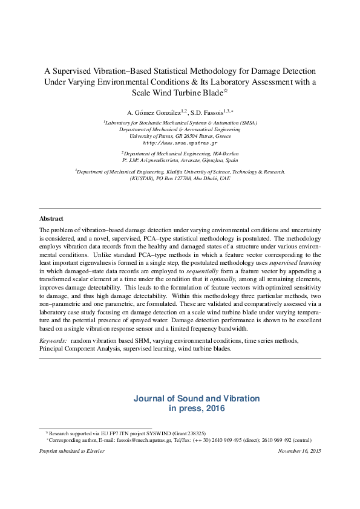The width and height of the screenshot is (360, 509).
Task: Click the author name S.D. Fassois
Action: tap(206, 112)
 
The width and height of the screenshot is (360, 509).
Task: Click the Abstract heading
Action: tap(51, 218)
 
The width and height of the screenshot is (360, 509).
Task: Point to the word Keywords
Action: tap(53, 341)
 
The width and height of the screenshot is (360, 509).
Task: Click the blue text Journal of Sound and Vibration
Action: tap(197, 398)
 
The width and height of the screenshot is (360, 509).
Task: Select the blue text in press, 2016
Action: tap(197, 409)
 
